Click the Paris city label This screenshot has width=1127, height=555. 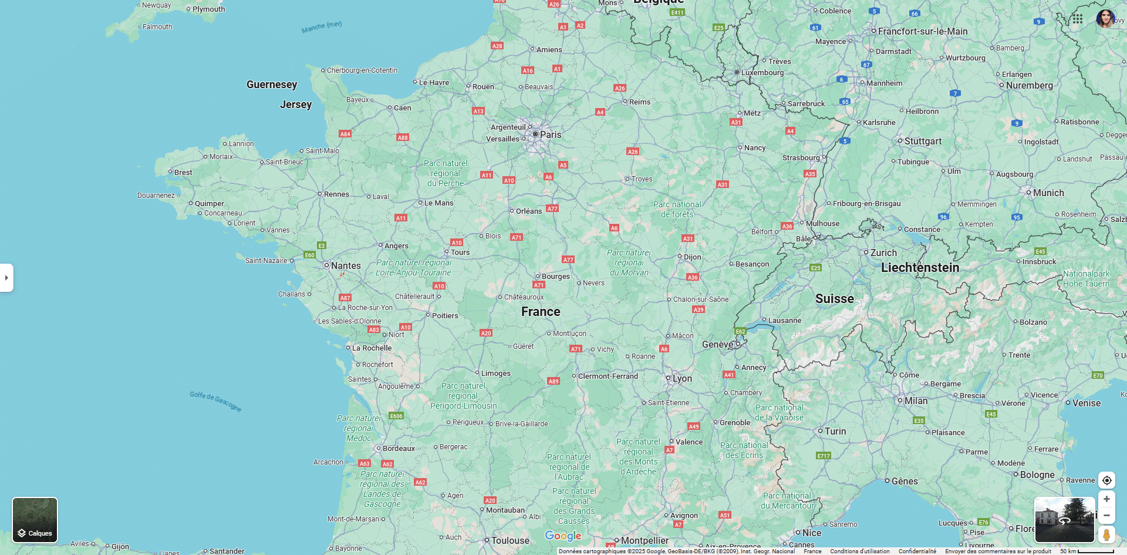[x=550, y=134]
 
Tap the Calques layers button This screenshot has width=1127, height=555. [x=35, y=520]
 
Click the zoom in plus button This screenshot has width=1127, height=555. [x=1106, y=499]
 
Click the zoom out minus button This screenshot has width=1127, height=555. [x=1106, y=516]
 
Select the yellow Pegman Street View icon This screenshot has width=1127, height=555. [x=1106, y=534]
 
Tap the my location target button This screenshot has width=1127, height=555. [x=1106, y=480]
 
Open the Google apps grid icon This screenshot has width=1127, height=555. [x=1077, y=19]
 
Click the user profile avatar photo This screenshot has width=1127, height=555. [x=1105, y=19]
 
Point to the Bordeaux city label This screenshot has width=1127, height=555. [x=399, y=449]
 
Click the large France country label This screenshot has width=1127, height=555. [x=541, y=312]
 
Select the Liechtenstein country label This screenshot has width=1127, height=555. [x=920, y=268]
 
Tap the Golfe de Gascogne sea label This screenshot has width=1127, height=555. [x=215, y=401]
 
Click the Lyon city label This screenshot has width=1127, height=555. [x=682, y=379]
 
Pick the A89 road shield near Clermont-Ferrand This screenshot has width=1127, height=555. [x=554, y=381]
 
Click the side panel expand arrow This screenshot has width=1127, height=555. [x=6, y=278]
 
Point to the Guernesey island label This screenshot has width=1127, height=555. [x=272, y=85]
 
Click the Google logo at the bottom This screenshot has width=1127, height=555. [x=563, y=536]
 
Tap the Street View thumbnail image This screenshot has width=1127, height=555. [x=1064, y=520]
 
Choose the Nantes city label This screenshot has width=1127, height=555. [x=346, y=266]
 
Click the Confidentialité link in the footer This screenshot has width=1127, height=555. [x=917, y=551]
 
